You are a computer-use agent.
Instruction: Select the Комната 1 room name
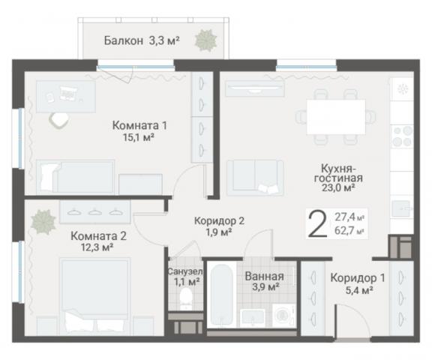139,125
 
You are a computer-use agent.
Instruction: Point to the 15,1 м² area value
139,138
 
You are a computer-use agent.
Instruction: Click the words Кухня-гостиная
339,173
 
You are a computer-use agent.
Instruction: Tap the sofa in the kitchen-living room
255,177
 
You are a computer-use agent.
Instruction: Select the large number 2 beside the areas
318,223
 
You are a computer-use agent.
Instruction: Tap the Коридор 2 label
219,221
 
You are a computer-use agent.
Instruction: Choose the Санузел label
184,271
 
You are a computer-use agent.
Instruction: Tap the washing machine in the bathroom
283,314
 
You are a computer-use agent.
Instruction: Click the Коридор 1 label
358,277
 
